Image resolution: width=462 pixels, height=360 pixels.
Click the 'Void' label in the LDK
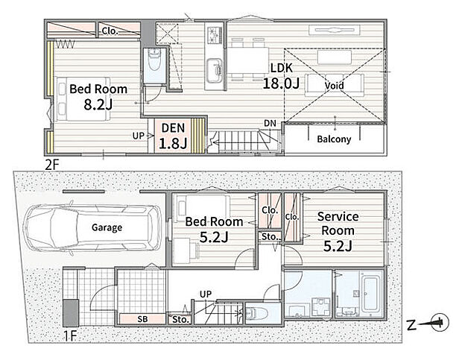334,86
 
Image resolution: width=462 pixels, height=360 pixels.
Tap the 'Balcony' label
334,139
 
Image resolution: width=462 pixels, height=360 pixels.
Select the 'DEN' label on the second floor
173,128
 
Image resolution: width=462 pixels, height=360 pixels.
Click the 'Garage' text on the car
107,227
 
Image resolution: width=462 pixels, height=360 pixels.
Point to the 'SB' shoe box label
142,319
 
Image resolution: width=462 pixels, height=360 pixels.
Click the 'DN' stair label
270,123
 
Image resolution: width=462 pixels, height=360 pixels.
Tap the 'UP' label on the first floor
206,294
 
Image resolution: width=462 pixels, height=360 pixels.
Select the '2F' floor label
52,165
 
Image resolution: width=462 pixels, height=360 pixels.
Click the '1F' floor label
71,335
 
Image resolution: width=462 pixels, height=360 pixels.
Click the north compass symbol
440,322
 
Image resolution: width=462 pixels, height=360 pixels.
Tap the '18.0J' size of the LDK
281,83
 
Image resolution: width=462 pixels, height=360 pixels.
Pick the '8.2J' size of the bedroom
98,104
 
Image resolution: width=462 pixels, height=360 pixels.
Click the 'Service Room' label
338,224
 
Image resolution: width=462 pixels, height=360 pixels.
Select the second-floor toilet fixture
154,60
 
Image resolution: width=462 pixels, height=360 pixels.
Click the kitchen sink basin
215,72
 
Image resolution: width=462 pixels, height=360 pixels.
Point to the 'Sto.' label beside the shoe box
180,319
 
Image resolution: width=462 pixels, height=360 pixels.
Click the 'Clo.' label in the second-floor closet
110,31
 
